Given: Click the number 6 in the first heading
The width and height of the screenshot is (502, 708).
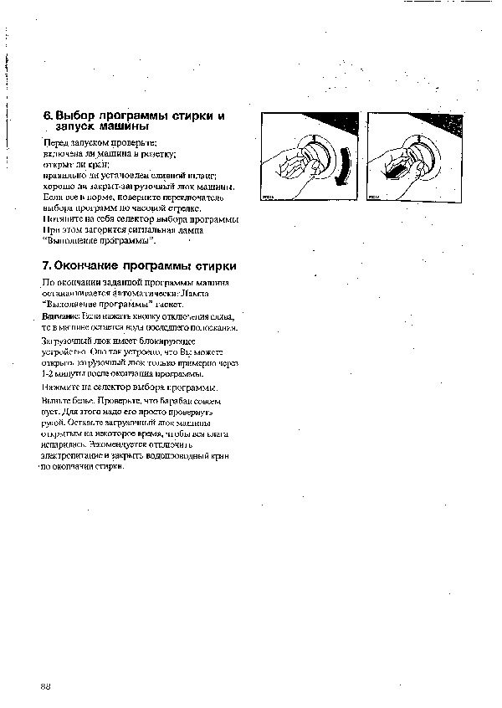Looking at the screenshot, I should point(48,116).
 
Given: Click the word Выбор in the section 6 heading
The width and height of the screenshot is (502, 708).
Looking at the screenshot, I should point(74,116).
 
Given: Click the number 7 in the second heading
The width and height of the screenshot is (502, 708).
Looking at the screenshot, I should point(47,266).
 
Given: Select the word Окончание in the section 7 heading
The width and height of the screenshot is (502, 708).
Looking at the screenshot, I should point(90,266).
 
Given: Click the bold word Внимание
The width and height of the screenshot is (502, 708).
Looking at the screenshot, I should point(59,318).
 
